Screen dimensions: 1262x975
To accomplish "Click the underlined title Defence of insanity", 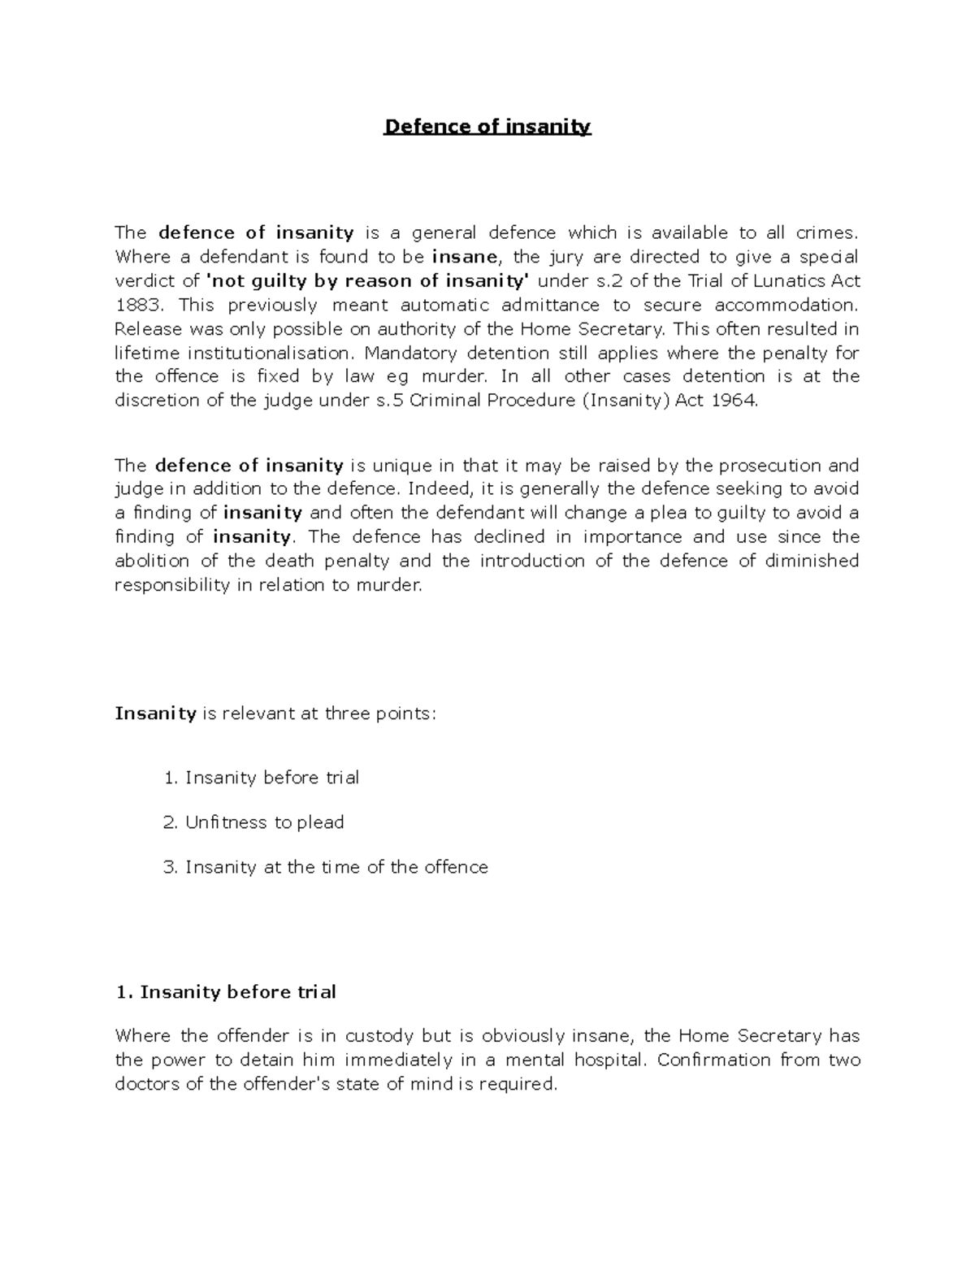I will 487,127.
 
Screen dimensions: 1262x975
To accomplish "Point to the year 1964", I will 734,400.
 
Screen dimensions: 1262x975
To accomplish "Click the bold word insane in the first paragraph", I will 466,257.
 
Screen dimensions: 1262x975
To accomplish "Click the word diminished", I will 812,561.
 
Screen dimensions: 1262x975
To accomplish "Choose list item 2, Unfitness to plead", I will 264,822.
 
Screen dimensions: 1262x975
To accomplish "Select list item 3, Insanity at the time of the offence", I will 336,867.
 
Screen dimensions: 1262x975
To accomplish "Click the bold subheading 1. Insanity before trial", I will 225,992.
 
